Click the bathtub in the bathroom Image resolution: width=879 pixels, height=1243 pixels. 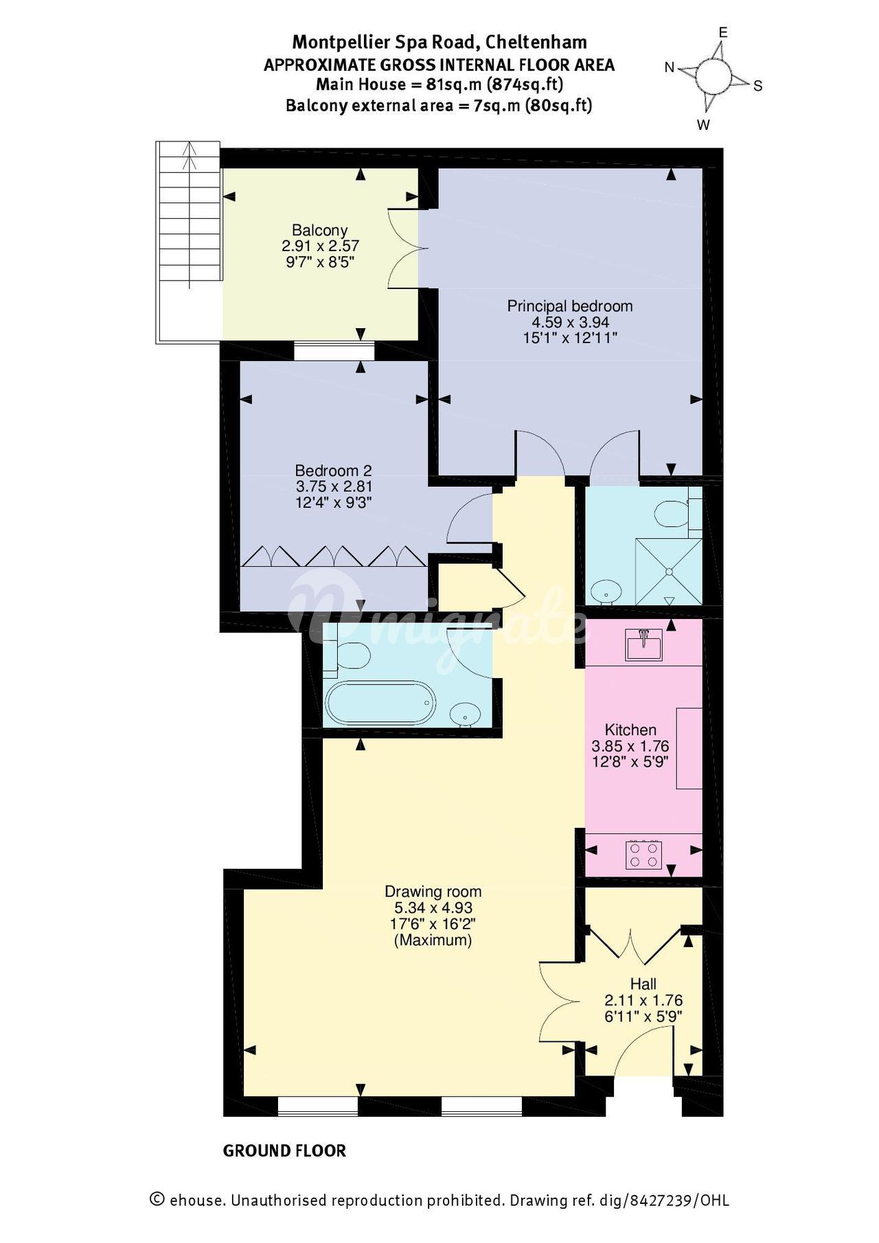[380, 702]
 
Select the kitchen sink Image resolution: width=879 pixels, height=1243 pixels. [644, 644]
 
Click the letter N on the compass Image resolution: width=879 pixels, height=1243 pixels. [670, 67]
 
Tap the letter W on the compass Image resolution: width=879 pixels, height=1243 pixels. [704, 125]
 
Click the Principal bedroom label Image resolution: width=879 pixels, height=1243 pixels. [570, 306]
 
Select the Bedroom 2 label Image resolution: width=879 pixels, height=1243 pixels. [333, 471]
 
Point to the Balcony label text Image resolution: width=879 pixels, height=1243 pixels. [320, 231]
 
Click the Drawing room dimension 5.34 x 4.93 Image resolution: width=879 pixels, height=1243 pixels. [433, 908]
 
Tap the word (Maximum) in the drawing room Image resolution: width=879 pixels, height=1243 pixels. [433, 940]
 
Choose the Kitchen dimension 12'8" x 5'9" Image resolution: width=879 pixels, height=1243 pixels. [630, 761]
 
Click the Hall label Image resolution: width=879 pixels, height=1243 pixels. [643, 984]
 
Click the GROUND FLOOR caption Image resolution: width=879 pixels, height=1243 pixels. [284, 1151]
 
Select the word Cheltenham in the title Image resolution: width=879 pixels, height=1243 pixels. [536, 43]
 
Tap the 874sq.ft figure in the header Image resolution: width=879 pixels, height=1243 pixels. [525, 85]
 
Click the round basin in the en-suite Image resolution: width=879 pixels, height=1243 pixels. [606, 590]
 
